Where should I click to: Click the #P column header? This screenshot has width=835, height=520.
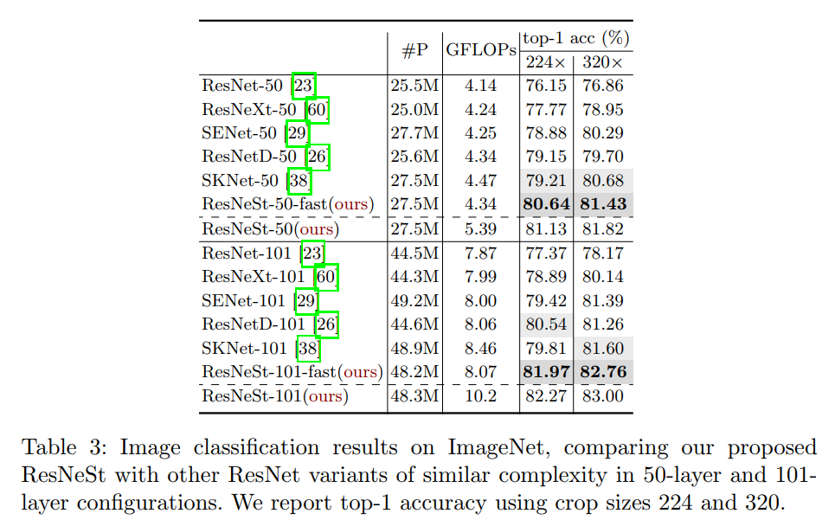[415, 50]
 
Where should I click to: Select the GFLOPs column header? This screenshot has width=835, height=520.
[481, 50]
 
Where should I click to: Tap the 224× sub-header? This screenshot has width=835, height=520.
[545, 62]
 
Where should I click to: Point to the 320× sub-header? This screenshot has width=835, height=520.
[603, 62]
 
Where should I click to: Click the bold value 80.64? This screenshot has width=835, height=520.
[546, 204]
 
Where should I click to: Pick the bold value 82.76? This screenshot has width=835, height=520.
[604, 372]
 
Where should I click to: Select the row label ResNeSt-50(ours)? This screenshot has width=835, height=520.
[270, 228]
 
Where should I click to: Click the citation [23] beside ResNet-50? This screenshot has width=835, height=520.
[304, 86]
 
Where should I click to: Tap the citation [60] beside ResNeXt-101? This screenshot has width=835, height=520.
[325, 277]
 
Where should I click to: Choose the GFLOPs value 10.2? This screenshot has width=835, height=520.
[481, 396]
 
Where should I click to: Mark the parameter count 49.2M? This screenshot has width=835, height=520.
[414, 301]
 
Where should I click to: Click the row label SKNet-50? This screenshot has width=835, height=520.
[240, 181]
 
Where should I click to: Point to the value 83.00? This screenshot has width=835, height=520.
[604, 396]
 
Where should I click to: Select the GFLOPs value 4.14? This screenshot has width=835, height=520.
[481, 86]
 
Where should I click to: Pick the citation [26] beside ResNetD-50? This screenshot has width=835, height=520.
[318, 157]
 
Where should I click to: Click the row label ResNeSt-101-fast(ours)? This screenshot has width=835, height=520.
[292, 372]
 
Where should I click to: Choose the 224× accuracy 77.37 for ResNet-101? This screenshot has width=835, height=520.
[546, 253]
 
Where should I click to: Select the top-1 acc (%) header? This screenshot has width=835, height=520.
[575, 38]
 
